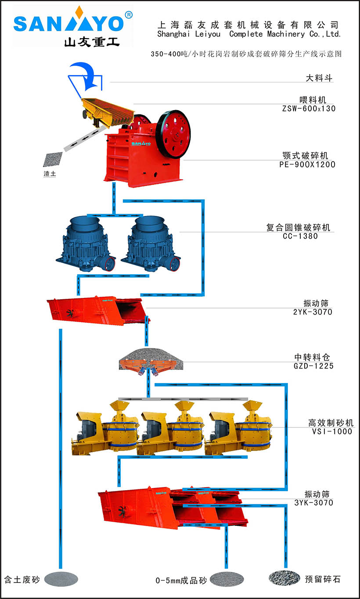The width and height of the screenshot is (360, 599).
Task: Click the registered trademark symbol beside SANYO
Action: coord(129,14)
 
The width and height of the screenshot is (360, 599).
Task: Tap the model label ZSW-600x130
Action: coord(309,108)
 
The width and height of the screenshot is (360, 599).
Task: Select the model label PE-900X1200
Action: coord(307,165)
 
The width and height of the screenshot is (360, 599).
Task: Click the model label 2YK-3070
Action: coord(313,312)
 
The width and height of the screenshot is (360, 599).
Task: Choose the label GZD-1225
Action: coord(313,366)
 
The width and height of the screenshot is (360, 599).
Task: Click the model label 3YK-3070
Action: coord(313,502)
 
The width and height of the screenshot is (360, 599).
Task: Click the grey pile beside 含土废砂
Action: coord(61,579)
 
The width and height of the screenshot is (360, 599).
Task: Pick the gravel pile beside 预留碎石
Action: coord(284,578)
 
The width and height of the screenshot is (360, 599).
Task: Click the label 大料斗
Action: coord(319,78)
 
